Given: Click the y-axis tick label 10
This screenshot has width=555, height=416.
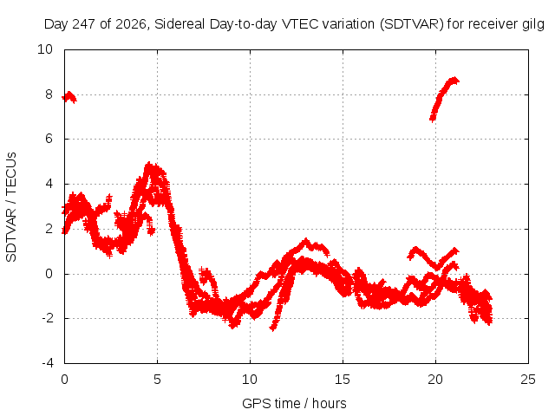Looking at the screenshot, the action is [x=45, y=49].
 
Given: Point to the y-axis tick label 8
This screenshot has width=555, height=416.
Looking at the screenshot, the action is [x=49, y=94].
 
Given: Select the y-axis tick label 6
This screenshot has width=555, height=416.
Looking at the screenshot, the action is [x=49, y=139].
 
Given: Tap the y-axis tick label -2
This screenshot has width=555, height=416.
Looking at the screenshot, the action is [x=47, y=318].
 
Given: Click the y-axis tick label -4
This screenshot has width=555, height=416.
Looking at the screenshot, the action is [x=47, y=363].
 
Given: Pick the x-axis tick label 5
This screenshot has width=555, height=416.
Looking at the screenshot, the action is [x=157, y=380].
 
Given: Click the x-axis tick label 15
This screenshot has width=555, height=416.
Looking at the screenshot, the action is [x=343, y=380].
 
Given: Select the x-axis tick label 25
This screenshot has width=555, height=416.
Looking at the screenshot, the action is [x=528, y=380].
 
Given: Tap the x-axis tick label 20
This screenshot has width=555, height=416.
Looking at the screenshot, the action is [x=435, y=380].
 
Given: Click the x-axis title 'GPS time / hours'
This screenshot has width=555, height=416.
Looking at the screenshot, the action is [x=294, y=404].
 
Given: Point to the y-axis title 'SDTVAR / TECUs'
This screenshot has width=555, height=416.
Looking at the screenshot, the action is [x=11, y=207].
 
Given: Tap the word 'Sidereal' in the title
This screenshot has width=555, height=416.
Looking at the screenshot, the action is [x=180, y=24].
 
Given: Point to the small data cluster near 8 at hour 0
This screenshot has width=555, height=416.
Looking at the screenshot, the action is [x=69, y=97].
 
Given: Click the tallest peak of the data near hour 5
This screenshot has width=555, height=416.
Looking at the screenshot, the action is [x=150, y=164].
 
